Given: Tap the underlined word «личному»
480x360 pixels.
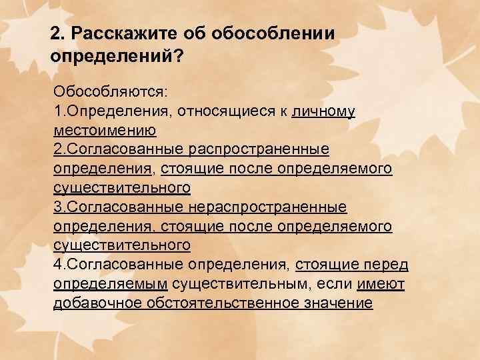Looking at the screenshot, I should (323, 109).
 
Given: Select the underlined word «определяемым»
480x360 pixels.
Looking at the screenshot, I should (110, 284).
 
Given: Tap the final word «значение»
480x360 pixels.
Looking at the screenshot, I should (339, 303).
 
